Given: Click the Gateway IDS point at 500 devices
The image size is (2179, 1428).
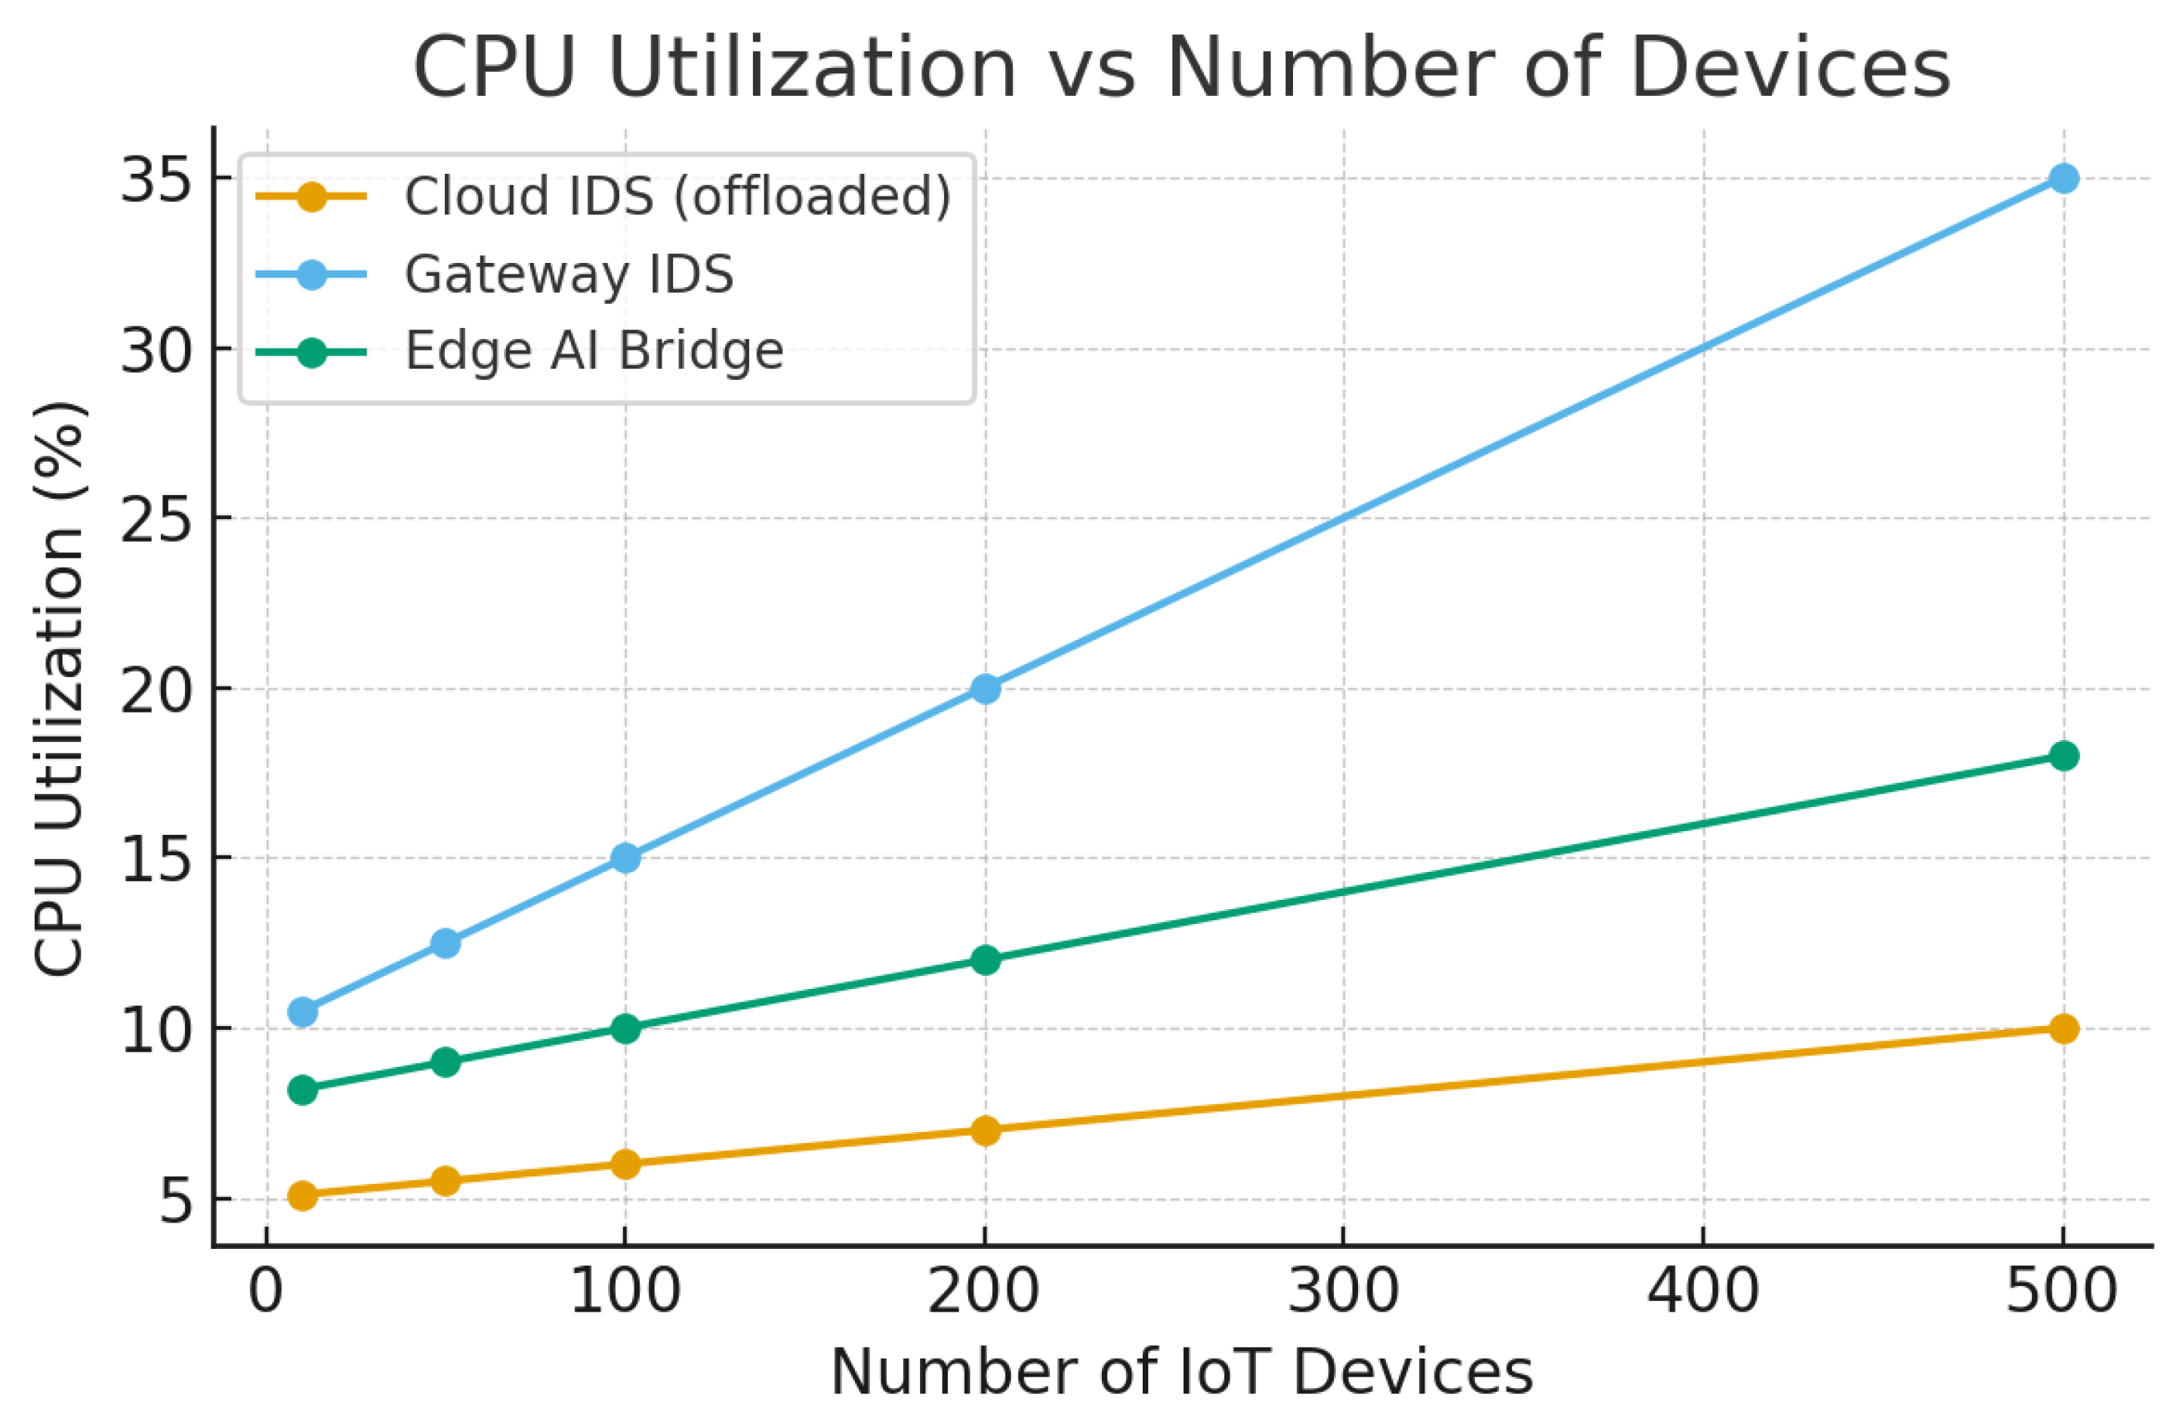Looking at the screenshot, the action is (x=2063, y=178).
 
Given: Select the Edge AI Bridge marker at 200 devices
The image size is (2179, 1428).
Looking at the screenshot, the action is (x=985, y=960).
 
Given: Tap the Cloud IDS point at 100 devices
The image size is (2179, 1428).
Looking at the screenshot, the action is (x=625, y=1164).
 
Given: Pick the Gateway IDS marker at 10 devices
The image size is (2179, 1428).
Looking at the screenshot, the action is (x=302, y=1012).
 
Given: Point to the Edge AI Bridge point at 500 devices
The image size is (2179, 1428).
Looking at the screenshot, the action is (x=2063, y=756).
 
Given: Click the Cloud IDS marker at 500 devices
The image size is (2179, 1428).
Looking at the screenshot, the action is (x=2063, y=1028).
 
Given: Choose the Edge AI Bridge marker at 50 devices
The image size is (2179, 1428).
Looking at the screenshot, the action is (x=446, y=1062).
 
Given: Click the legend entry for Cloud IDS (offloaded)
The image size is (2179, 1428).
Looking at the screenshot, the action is (x=677, y=196).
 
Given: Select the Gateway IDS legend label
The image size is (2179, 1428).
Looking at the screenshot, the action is (x=569, y=274).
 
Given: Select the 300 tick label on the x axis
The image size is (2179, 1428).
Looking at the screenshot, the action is (x=1343, y=1293).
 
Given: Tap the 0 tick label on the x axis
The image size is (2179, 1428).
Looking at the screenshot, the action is (x=267, y=1293).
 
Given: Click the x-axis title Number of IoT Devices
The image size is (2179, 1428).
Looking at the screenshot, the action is (x=1182, y=1372).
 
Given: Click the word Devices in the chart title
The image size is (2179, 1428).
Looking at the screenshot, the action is (x=1790, y=68).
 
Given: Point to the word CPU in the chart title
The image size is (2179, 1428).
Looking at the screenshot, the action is (x=495, y=68).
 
